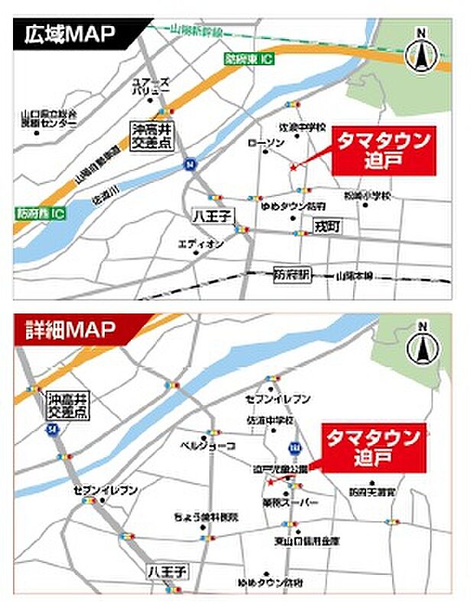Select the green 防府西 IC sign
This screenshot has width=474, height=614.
coord(41,213)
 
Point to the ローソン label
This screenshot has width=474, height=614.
coord(266,143)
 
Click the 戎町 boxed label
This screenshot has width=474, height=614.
coord(326,226)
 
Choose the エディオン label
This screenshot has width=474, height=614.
coord(201,244)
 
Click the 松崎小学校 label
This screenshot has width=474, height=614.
coord(367,197)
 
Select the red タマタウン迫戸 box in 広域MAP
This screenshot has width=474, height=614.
coord(385,151)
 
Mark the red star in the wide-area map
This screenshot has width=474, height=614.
coord(292,167)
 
